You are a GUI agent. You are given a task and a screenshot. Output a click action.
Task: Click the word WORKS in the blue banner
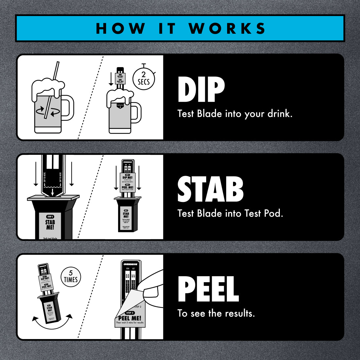(227, 28)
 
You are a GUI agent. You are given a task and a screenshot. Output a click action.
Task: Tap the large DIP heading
(201, 89)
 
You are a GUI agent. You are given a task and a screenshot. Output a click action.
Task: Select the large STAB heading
(210, 189)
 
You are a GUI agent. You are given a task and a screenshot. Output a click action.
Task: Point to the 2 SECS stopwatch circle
(143, 79)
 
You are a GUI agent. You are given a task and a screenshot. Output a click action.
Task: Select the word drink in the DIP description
(279, 114)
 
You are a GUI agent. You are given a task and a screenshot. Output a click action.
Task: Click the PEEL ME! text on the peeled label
(130, 318)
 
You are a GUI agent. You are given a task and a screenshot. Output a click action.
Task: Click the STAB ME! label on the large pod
(50, 225)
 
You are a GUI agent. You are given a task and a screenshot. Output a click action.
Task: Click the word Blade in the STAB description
(209, 213)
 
